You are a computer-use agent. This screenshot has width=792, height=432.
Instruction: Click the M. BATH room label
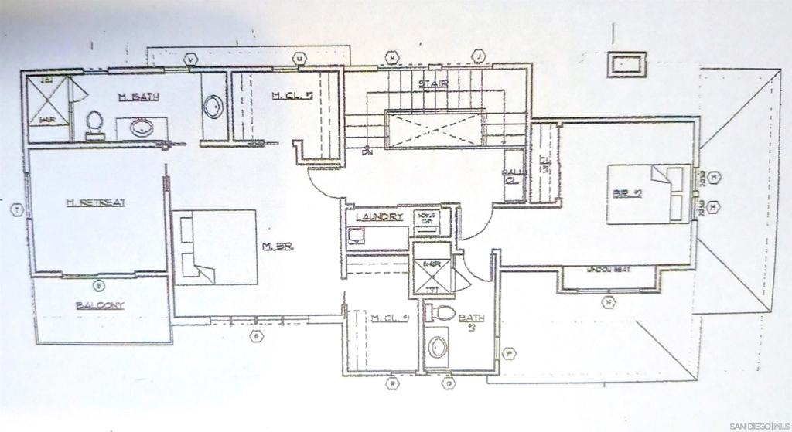pos(138,97)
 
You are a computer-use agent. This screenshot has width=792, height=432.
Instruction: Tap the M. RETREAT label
pos(96,202)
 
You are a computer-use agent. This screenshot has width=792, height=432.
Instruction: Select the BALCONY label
pos(100,305)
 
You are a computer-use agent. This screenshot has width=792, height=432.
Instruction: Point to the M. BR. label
pos(277,247)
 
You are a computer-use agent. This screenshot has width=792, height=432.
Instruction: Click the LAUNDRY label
pos(380,218)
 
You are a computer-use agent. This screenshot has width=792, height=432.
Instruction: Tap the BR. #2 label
pos(627,193)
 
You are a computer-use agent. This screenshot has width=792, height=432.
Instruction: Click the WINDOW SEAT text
pos(609,270)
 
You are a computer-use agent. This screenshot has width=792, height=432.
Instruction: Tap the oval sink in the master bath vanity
pos(141,128)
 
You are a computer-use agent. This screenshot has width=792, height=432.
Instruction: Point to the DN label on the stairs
pos(367,151)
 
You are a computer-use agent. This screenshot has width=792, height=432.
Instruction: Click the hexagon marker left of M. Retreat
pos(15,209)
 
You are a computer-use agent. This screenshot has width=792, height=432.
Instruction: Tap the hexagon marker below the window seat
pos(610,301)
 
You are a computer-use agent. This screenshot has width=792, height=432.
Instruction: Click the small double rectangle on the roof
pos(626,64)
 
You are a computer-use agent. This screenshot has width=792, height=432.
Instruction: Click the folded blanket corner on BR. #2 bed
pos(662,177)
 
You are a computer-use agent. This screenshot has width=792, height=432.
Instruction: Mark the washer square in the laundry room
pos(355,237)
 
